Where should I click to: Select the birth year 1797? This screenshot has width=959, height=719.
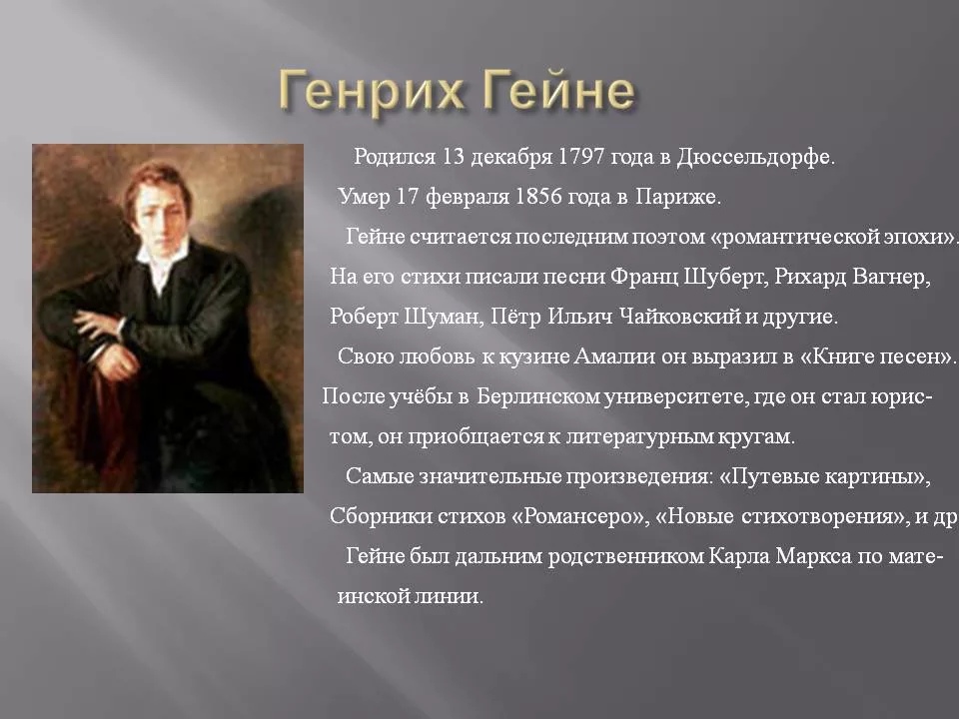click(584, 158)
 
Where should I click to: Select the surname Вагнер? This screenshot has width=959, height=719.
click(892, 277)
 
